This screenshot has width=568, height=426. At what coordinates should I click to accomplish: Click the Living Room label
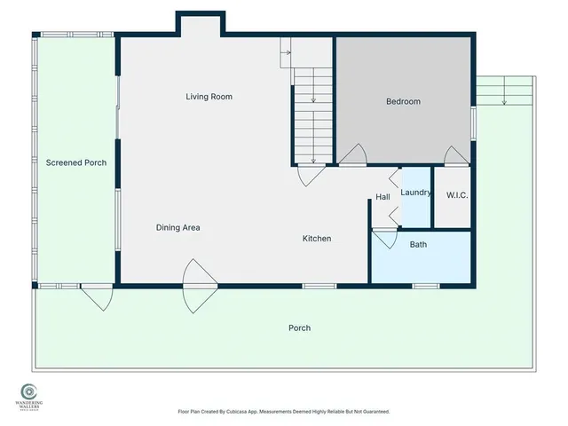209,97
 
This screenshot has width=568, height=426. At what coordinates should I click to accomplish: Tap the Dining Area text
177,228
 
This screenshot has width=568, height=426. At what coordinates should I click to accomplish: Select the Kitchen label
317,239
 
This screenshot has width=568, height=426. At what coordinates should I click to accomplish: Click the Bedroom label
403,102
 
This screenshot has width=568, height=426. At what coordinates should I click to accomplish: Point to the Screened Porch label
75,163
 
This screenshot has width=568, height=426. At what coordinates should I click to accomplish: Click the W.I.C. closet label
457,195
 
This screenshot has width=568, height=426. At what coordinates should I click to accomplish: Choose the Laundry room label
415,193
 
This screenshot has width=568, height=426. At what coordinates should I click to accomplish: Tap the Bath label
418,244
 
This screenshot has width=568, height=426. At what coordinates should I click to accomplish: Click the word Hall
383,197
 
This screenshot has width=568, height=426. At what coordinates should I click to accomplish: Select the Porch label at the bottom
299,328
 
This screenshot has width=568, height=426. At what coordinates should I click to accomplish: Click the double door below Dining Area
199,287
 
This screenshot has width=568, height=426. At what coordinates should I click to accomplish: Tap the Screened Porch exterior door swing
96,296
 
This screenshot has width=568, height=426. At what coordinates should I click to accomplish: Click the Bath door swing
384,239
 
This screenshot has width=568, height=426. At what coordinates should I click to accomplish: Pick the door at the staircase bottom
312,174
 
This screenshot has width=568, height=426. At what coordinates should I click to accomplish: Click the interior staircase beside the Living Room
312,115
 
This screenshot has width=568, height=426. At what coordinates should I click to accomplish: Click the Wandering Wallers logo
29,394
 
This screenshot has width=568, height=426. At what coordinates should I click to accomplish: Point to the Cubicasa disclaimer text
283,412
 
